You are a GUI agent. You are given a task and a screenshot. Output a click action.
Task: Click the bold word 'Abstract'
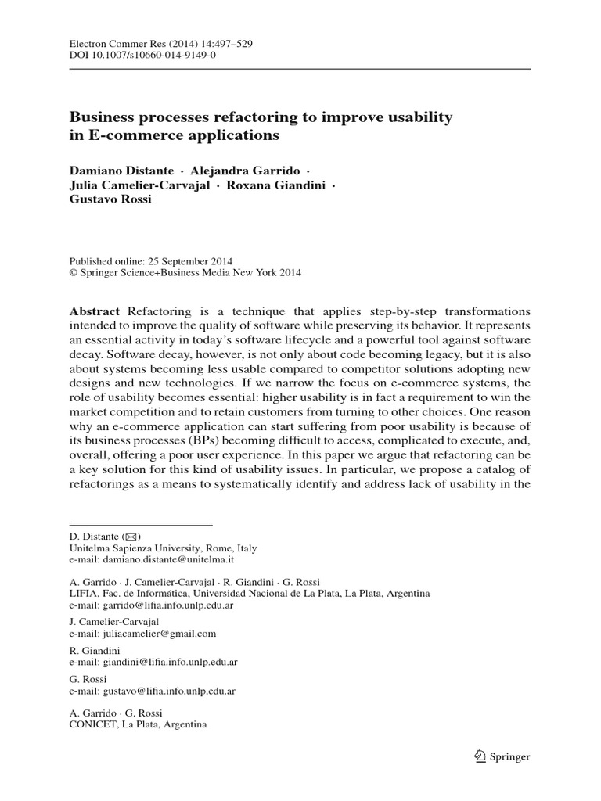(x=95, y=311)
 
